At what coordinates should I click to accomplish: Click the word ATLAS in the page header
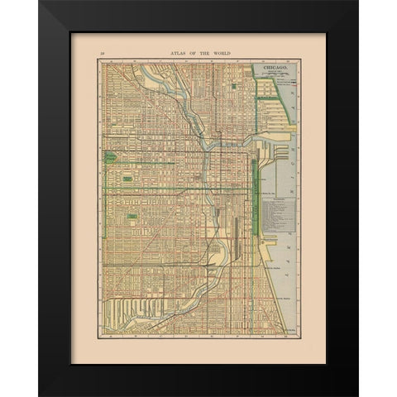coord(178,52)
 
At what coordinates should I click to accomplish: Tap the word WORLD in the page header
coord(219,52)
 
